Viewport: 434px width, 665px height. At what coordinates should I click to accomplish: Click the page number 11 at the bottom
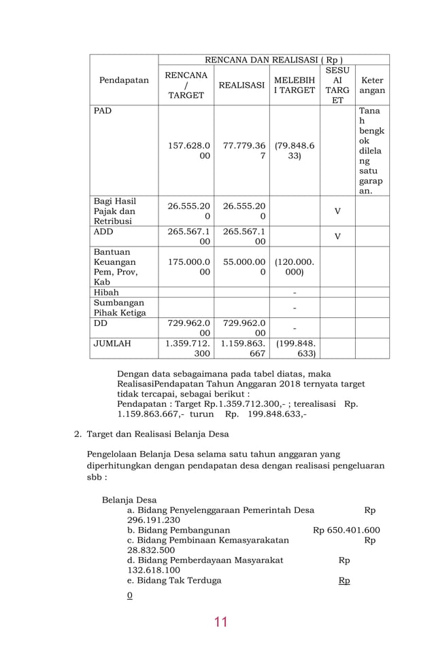(220, 622)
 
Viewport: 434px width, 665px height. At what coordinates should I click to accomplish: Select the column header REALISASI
(241, 86)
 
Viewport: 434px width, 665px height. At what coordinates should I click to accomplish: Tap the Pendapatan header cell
(124, 80)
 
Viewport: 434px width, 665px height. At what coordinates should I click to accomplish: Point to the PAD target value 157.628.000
(186, 150)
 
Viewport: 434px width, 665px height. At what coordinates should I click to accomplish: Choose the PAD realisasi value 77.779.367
(241, 150)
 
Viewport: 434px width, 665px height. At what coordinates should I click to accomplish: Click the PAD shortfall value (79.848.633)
(294, 150)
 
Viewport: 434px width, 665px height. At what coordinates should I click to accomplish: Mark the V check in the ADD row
(337, 236)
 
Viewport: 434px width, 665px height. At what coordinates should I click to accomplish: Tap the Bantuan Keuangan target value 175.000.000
(186, 266)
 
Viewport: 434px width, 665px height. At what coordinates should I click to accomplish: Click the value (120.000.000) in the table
(294, 266)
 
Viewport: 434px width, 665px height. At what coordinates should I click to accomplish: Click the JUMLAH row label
(112, 344)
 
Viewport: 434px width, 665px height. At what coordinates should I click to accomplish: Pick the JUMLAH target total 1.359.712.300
(186, 348)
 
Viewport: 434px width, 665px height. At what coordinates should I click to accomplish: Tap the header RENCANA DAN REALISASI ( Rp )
(273, 60)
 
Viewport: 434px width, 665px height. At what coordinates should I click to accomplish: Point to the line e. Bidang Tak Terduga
(173, 581)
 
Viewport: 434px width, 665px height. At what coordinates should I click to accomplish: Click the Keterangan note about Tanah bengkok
(371, 150)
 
